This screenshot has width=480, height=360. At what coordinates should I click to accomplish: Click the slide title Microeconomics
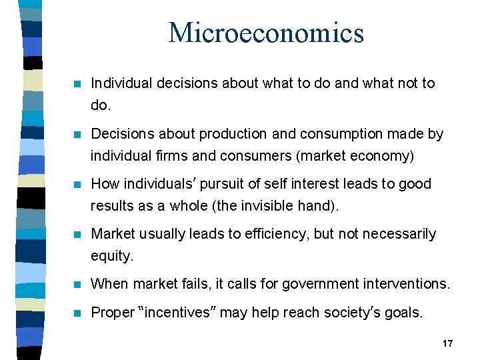[266, 33]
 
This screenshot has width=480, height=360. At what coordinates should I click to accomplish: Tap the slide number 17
[447, 343]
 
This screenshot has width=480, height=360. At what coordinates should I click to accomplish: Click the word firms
[161, 157]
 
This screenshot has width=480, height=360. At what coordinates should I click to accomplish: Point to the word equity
[111, 257]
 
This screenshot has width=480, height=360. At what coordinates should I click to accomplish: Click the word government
[319, 284]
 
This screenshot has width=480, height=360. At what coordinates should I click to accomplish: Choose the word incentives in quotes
[177, 312]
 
